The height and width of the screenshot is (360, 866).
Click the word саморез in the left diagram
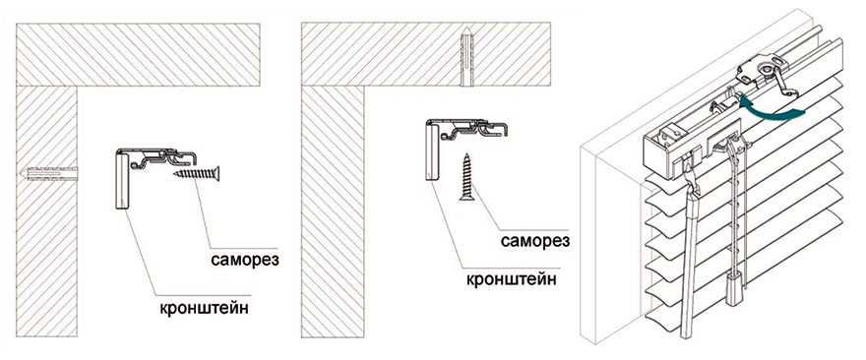coord(245,260)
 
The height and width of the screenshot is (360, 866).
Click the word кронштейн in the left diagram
coord(204,308)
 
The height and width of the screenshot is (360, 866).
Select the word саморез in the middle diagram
coord(535,241)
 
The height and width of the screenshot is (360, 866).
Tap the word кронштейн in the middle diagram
coord(512,278)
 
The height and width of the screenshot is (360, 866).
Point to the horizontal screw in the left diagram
coord(197,174)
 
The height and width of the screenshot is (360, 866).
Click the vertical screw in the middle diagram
coord(467,177)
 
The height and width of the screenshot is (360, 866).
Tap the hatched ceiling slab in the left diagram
coord(138,55)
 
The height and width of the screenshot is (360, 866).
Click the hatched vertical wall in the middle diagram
coord(333,211)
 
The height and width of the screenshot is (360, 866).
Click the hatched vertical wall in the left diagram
coord(47,211)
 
